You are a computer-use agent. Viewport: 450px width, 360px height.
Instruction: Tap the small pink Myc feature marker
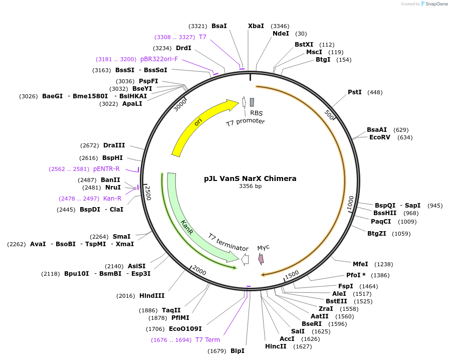point(261,259)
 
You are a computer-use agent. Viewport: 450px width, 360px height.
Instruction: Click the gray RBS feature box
point(252,102)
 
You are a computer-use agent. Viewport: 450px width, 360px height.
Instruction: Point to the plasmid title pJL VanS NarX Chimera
point(250,178)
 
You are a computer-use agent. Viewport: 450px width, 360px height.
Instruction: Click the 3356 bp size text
point(250,187)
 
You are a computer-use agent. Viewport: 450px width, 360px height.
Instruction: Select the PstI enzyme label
point(355,92)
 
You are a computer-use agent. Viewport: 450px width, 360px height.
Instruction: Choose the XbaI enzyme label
point(256,26)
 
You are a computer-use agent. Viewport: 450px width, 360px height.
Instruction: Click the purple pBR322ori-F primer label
point(159,59)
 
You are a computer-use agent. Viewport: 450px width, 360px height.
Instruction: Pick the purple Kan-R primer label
point(112,199)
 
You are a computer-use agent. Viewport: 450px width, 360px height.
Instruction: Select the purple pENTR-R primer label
point(106,169)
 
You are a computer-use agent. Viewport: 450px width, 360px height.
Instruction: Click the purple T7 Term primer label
point(207,340)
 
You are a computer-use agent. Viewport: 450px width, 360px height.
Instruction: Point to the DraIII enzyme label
point(114,145)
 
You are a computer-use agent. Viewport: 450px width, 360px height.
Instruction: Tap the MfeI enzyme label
point(360,264)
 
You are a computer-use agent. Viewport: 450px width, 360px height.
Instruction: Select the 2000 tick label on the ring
point(199,271)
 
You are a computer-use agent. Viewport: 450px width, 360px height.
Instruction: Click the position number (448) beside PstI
point(375,92)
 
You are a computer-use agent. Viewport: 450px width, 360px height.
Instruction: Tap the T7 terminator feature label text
point(228,242)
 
